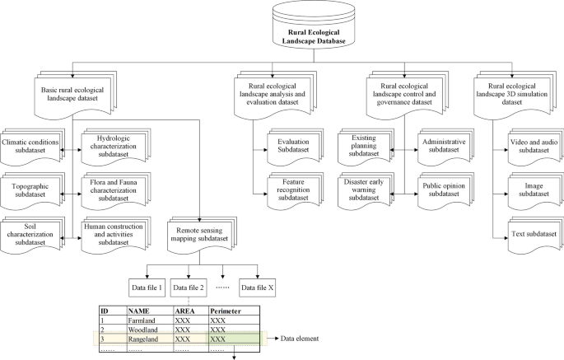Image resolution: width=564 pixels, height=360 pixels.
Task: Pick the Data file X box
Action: coord(258,287)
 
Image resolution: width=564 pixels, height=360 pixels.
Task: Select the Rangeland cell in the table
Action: coord(147,339)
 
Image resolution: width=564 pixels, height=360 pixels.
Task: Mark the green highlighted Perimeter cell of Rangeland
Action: coord(232,339)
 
